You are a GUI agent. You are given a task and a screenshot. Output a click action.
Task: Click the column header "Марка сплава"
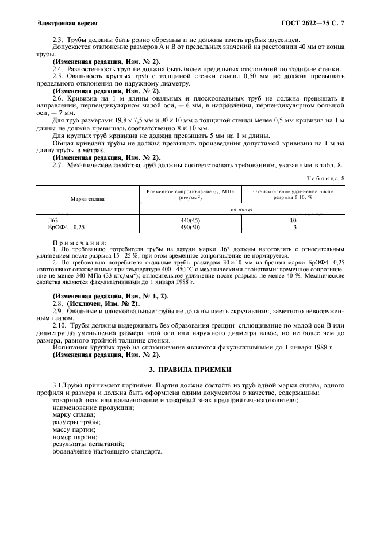[87, 199]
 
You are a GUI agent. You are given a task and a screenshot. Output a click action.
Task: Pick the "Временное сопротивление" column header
[185, 193]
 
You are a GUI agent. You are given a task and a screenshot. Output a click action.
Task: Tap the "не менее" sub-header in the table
[242, 210]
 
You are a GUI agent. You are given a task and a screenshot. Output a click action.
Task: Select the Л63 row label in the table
[53, 220]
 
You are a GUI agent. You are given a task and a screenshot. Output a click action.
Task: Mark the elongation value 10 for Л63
[293, 220]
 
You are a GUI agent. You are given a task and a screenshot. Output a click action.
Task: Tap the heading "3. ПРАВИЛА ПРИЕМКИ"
[190, 368]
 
